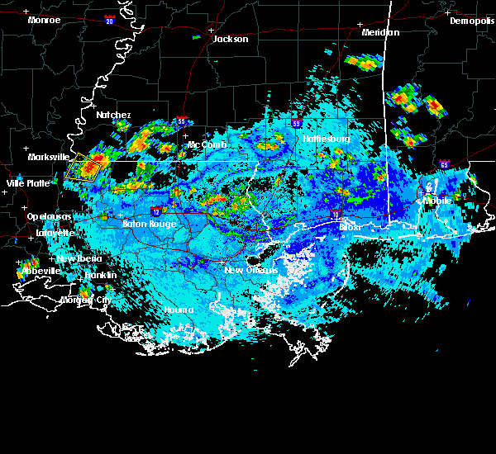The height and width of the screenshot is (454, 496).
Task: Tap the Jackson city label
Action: click(231, 39)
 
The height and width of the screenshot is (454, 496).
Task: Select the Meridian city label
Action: click(380, 32)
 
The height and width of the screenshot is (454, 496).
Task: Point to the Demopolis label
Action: click(472, 21)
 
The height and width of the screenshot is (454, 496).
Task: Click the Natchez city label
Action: click(112, 115)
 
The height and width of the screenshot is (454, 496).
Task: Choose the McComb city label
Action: click(206, 144)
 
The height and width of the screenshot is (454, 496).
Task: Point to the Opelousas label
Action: click(49, 216)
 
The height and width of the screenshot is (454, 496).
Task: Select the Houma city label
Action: click(178, 310)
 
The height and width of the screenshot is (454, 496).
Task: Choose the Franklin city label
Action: click(100, 275)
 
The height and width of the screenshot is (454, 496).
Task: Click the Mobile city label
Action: click(438, 201)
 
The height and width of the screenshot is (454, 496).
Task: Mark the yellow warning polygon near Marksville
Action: click(83, 166)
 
